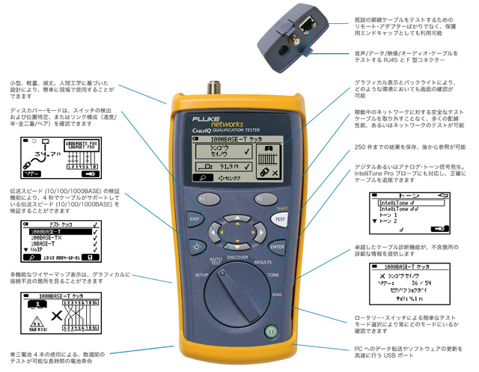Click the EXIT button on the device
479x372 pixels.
pyautogui.click(x=194, y=219)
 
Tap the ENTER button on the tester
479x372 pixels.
pyautogui.click(x=278, y=246)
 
